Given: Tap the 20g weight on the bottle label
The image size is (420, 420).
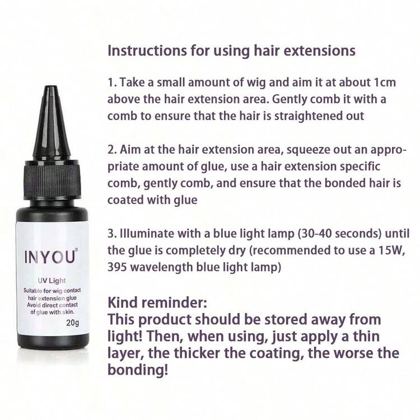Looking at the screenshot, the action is click(x=73, y=323).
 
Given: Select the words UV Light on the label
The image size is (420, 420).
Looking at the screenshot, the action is click(x=52, y=281).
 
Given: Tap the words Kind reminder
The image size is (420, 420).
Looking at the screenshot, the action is click(x=157, y=302).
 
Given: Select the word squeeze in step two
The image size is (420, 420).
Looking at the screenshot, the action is click(x=308, y=150).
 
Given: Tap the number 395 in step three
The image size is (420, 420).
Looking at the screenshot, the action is click(x=117, y=267).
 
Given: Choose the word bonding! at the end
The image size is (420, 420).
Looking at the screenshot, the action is click(x=138, y=370).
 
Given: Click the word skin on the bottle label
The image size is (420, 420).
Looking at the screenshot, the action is click(x=68, y=312).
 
